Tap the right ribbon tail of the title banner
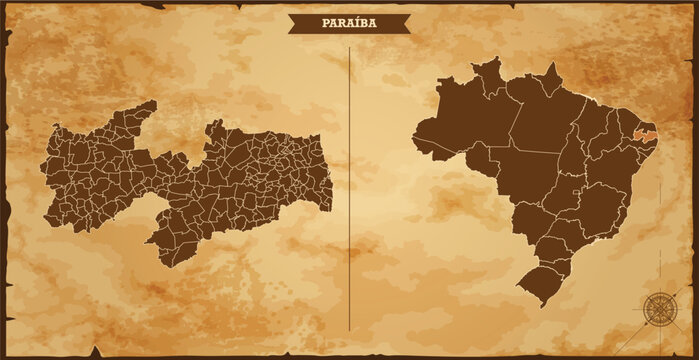coord(404,26)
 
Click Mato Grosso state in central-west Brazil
coord(530,174)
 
